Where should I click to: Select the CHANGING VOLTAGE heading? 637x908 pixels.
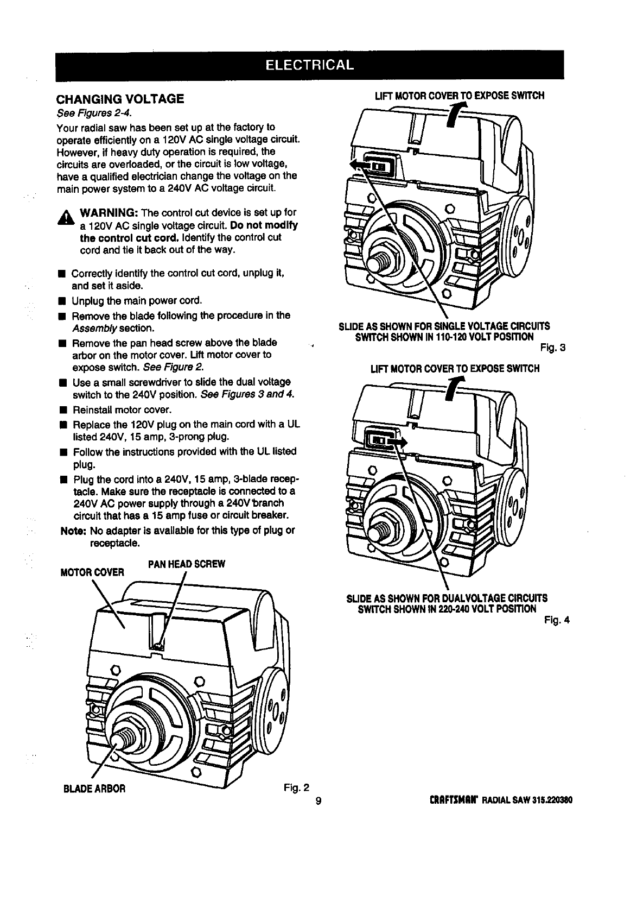[120, 99]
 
